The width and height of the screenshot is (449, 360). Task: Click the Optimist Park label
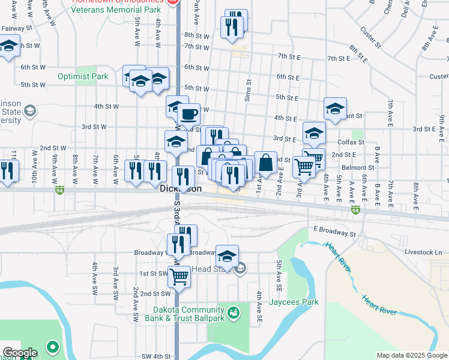83,76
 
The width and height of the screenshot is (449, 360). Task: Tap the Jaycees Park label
294,302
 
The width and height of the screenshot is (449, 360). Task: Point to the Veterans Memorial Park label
116,10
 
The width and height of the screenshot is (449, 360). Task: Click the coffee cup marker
189,113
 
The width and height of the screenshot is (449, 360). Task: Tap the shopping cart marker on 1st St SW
179,277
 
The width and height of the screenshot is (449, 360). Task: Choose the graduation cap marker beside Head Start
227,256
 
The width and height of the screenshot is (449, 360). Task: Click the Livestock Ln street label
423,252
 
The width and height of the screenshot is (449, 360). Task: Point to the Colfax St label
353,142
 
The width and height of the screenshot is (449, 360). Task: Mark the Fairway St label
16,28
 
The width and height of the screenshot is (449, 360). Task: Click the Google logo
19,353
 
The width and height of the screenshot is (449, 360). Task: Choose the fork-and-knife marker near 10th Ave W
7,172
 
